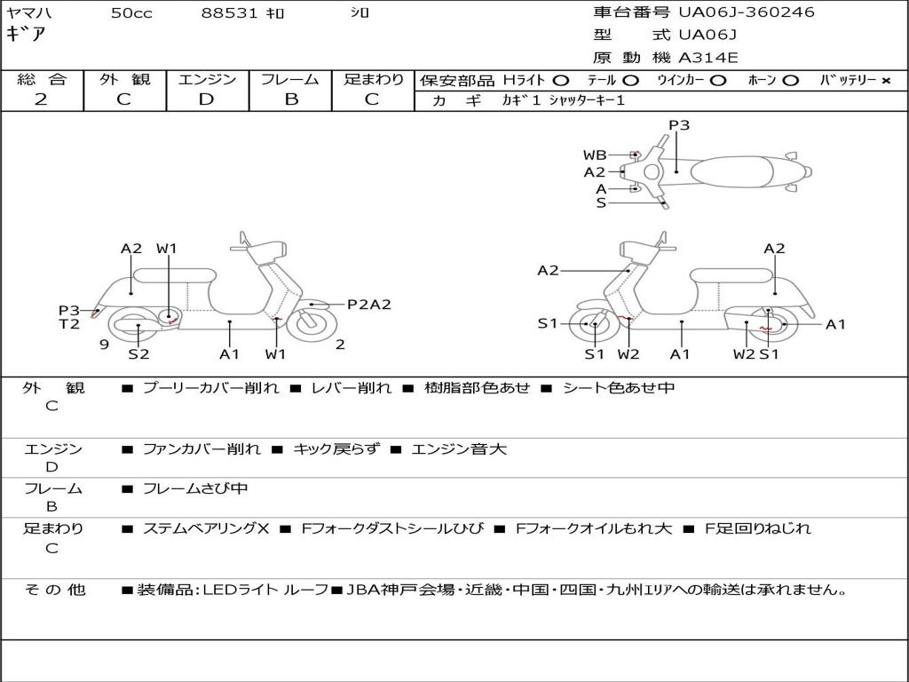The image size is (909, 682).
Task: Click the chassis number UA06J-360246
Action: [x=746, y=12]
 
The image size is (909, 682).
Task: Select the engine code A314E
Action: [x=708, y=59]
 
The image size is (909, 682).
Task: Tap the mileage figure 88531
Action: [x=229, y=13]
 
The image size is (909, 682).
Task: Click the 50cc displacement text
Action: [x=131, y=13]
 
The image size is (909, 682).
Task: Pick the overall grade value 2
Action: [x=41, y=99]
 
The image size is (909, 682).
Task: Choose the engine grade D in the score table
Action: [x=207, y=99]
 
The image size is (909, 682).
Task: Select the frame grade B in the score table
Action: [x=291, y=99]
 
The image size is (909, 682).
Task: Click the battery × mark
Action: [x=885, y=80]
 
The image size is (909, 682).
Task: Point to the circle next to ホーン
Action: [x=790, y=80]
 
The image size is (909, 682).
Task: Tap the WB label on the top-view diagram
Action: [x=595, y=155]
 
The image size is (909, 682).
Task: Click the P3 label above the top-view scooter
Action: [x=679, y=125]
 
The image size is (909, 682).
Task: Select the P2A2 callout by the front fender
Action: [x=368, y=305]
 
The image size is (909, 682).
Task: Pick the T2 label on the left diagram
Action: [x=69, y=324]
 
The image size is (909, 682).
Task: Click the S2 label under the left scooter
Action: [x=138, y=354]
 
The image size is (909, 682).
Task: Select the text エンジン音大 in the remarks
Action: [x=458, y=449]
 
